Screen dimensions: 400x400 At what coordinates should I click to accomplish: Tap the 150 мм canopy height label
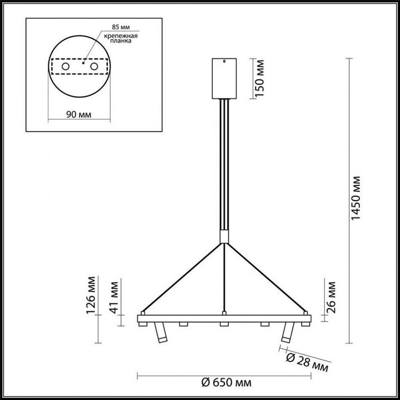point(259,78)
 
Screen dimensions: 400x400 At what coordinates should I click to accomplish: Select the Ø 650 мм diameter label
point(226,383)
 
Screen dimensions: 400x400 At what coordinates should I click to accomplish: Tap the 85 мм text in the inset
point(121,27)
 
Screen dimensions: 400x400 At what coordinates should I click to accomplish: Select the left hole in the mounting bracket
point(65,66)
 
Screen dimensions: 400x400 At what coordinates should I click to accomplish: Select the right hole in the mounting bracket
point(94,66)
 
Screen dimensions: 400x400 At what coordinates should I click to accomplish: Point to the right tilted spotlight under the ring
point(287,333)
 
